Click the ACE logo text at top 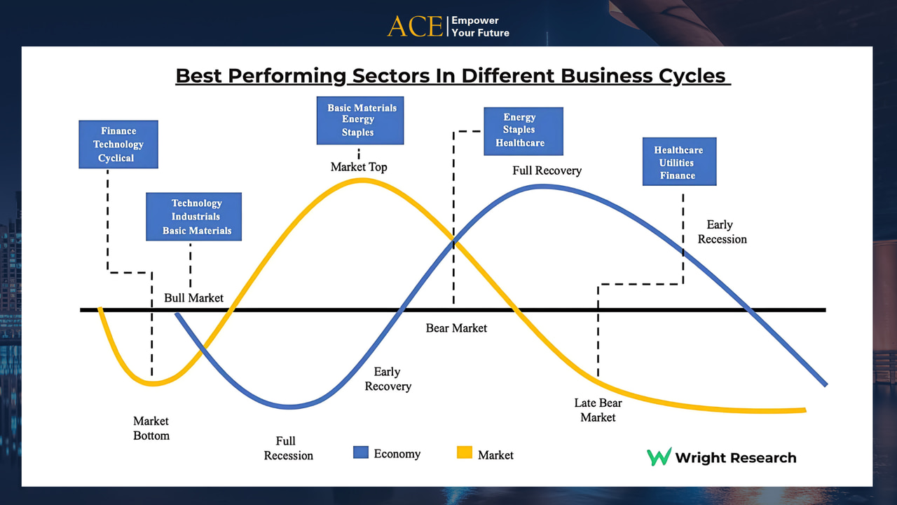coord(415,27)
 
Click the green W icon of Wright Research coord(659,457)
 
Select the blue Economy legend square coord(361,452)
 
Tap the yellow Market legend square coord(465,452)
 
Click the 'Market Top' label coord(359,167)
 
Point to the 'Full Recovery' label coord(547,170)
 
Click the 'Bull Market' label coord(194,298)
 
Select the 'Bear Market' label coord(456,328)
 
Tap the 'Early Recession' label coord(722,231)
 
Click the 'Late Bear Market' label coord(598,410)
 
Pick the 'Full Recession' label coord(288,448)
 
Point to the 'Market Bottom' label coord(151,428)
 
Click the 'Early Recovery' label coord(388,379)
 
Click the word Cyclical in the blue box coord(116,158)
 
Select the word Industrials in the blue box coord(196,217)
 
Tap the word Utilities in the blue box coord(676,163)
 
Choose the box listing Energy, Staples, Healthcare coord(523,131)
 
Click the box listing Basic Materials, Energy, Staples coord(360,120)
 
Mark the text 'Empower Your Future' coord(481,27)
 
